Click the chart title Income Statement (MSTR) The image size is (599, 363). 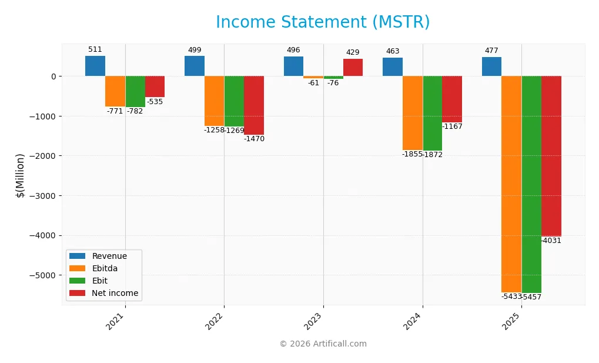[x=323, y=22]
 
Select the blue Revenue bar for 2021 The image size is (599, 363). [x=95, y=66]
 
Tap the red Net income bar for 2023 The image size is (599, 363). [x=353, y=68]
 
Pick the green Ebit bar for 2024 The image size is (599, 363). [x=432, y=113]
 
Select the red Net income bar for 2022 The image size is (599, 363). [x=254, y=105]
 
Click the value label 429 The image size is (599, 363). [x=353, y=53]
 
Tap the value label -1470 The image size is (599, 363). [x=254, y=139]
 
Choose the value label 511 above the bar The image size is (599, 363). [x=95, y=50]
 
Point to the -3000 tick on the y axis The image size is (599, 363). [x=43, y=196]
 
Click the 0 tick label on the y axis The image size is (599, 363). [x=53, y=76]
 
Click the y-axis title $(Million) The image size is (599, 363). [x=21, y=175]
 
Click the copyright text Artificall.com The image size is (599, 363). [x=323, y=344]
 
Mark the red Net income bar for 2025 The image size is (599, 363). [x=551, y=156]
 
